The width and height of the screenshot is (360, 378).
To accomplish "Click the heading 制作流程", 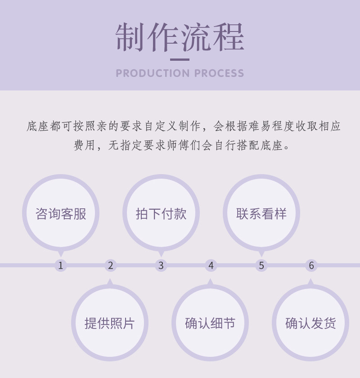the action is [180, 37].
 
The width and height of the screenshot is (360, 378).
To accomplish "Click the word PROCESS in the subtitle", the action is [220, 73].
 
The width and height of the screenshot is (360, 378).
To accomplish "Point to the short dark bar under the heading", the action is [180, 59].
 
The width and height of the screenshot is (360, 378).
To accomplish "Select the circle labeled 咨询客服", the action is [61, 213].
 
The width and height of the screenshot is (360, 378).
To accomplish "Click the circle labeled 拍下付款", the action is [161, 213].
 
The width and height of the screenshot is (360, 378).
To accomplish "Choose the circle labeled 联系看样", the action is [261, 213].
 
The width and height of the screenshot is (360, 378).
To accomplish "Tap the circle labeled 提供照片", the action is [110, 323].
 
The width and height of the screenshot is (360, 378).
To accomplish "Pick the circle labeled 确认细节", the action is [210, 323].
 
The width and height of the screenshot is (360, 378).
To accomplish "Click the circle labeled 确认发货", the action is [310, 323].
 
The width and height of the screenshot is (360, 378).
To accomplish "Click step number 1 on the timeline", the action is [61, 265].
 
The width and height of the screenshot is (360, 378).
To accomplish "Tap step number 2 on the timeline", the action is [111, 265].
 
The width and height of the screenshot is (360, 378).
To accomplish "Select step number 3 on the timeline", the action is [161, 265].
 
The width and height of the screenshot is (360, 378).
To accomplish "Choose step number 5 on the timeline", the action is [261, 265].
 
